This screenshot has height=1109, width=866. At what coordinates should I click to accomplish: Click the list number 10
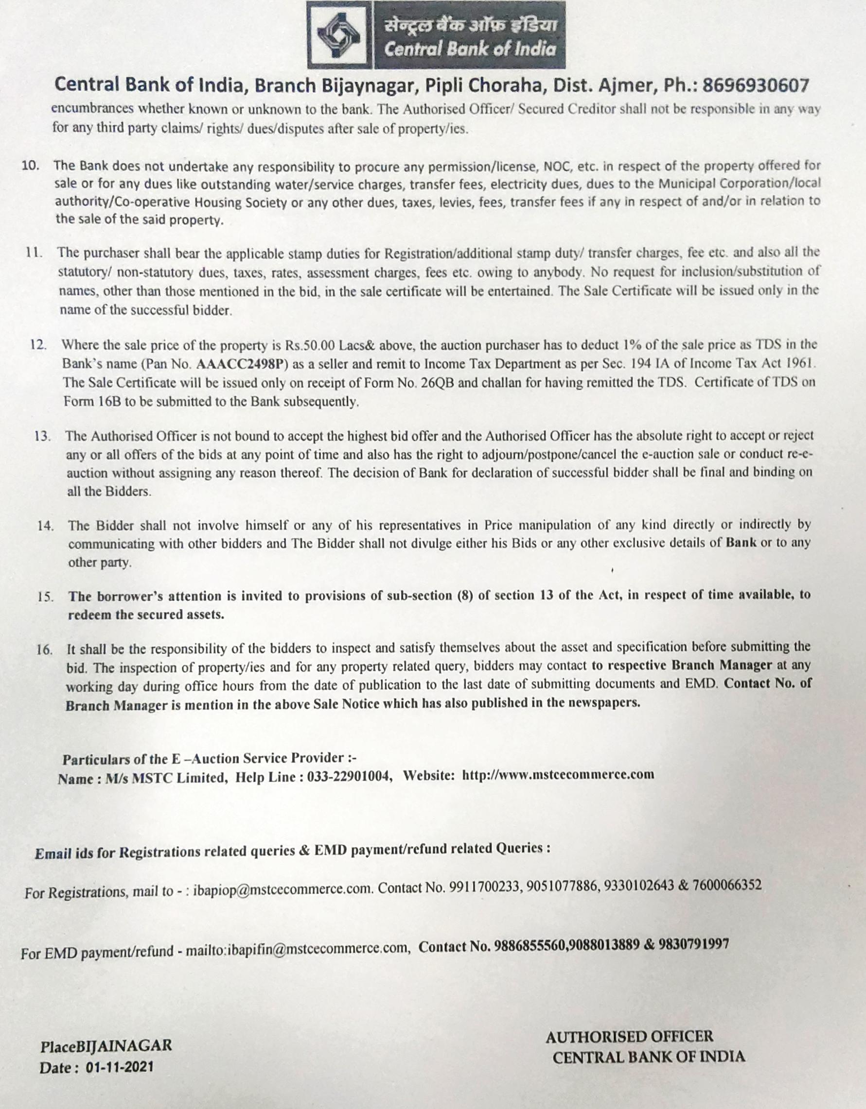31,166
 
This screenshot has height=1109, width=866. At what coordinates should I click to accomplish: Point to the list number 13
43,436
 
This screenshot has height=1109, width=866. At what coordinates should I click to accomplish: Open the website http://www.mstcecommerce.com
558,775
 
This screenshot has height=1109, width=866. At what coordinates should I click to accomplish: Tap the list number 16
45,650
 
